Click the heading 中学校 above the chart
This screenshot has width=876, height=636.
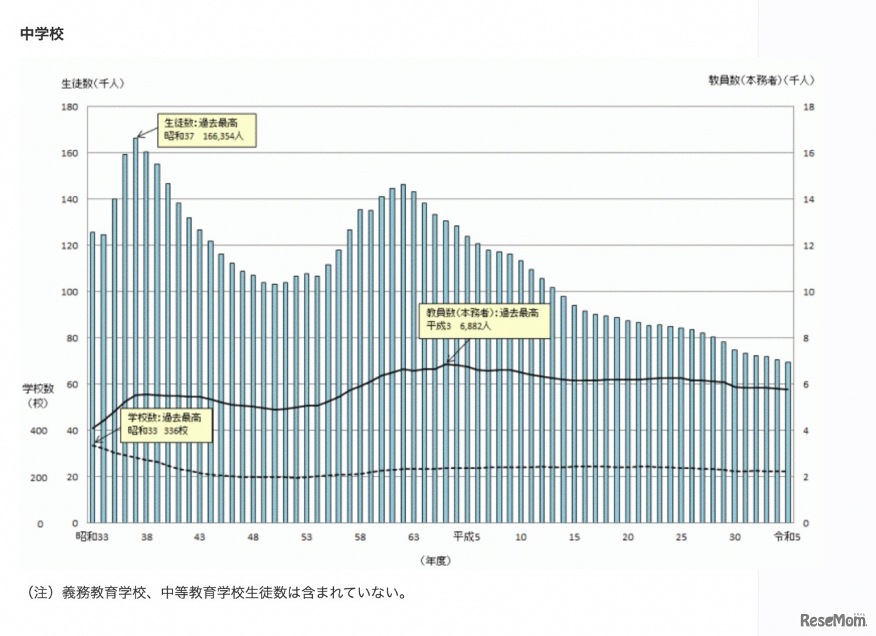[42, 34]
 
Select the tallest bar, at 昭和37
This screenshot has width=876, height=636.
[136, 329]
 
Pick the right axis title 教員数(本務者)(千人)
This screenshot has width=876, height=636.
[761, 80]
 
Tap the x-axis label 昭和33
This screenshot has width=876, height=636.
[93, 537]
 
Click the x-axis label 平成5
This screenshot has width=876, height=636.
[467, 537]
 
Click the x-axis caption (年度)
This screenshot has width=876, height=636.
[435, 560]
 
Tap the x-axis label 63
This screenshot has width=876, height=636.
[413, 537]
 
